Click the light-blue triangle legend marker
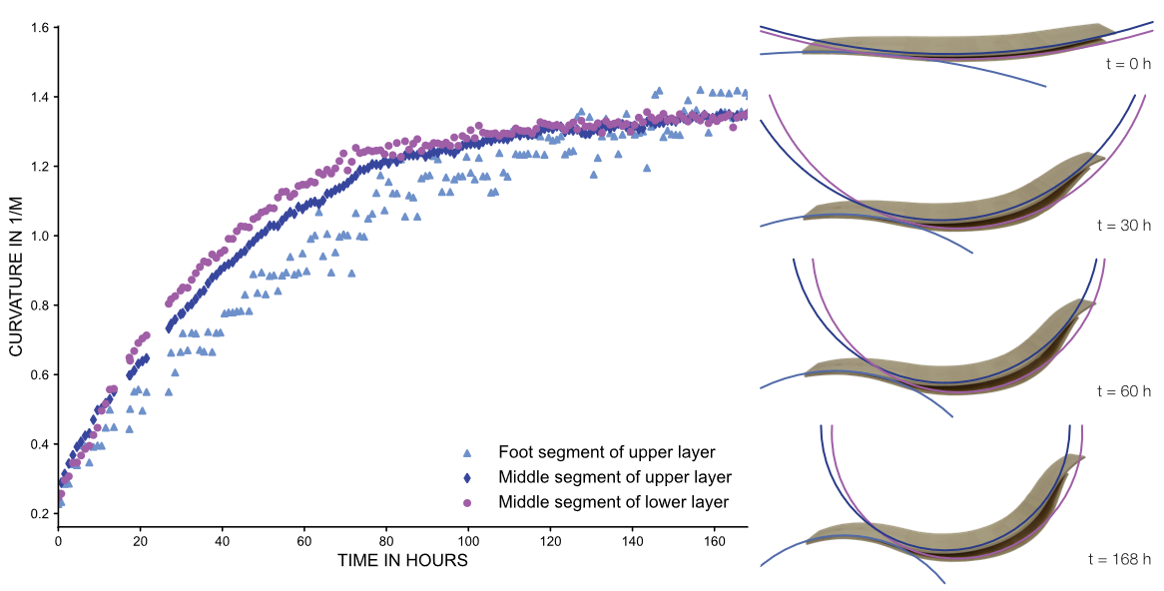[x=466, y=453]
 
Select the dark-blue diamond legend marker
[x=466, y=478]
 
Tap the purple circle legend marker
[x=466, y=503]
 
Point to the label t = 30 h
[x=1123, y=226]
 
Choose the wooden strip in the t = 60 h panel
[x=948, y=374]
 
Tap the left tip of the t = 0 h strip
[x=804, y=49]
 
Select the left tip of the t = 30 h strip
[x=807, y=214]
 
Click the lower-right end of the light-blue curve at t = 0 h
[x=1045, y=86]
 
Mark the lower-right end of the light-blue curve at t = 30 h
[x=971, y=253]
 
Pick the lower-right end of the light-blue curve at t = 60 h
[x=951, y=416]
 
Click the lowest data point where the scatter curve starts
[x=61, y=502]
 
